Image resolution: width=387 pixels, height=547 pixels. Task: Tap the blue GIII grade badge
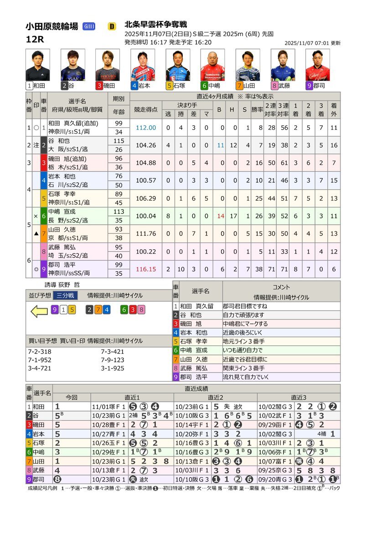[x=89, y=26]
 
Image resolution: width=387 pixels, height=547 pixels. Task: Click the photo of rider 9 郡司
[x=317, y=65]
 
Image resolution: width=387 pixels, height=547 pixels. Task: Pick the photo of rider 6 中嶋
[x=212, y=65]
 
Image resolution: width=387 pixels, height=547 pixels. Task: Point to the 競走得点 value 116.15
[x=145, y=269]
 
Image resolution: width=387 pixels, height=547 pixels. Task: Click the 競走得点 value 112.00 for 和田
[x=145, y=128]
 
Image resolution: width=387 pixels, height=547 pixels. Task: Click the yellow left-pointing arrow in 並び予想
[x=39, y=311]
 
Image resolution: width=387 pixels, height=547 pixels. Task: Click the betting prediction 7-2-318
[x=40, y=351]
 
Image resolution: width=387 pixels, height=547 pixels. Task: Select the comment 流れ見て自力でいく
[x=246, y=377]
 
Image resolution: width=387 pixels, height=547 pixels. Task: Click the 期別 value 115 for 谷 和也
[x=119, y=141]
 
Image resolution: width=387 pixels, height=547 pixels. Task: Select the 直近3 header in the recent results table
[x=299, y=397]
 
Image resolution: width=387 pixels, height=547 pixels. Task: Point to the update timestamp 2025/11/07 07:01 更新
[x=312, y=43]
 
